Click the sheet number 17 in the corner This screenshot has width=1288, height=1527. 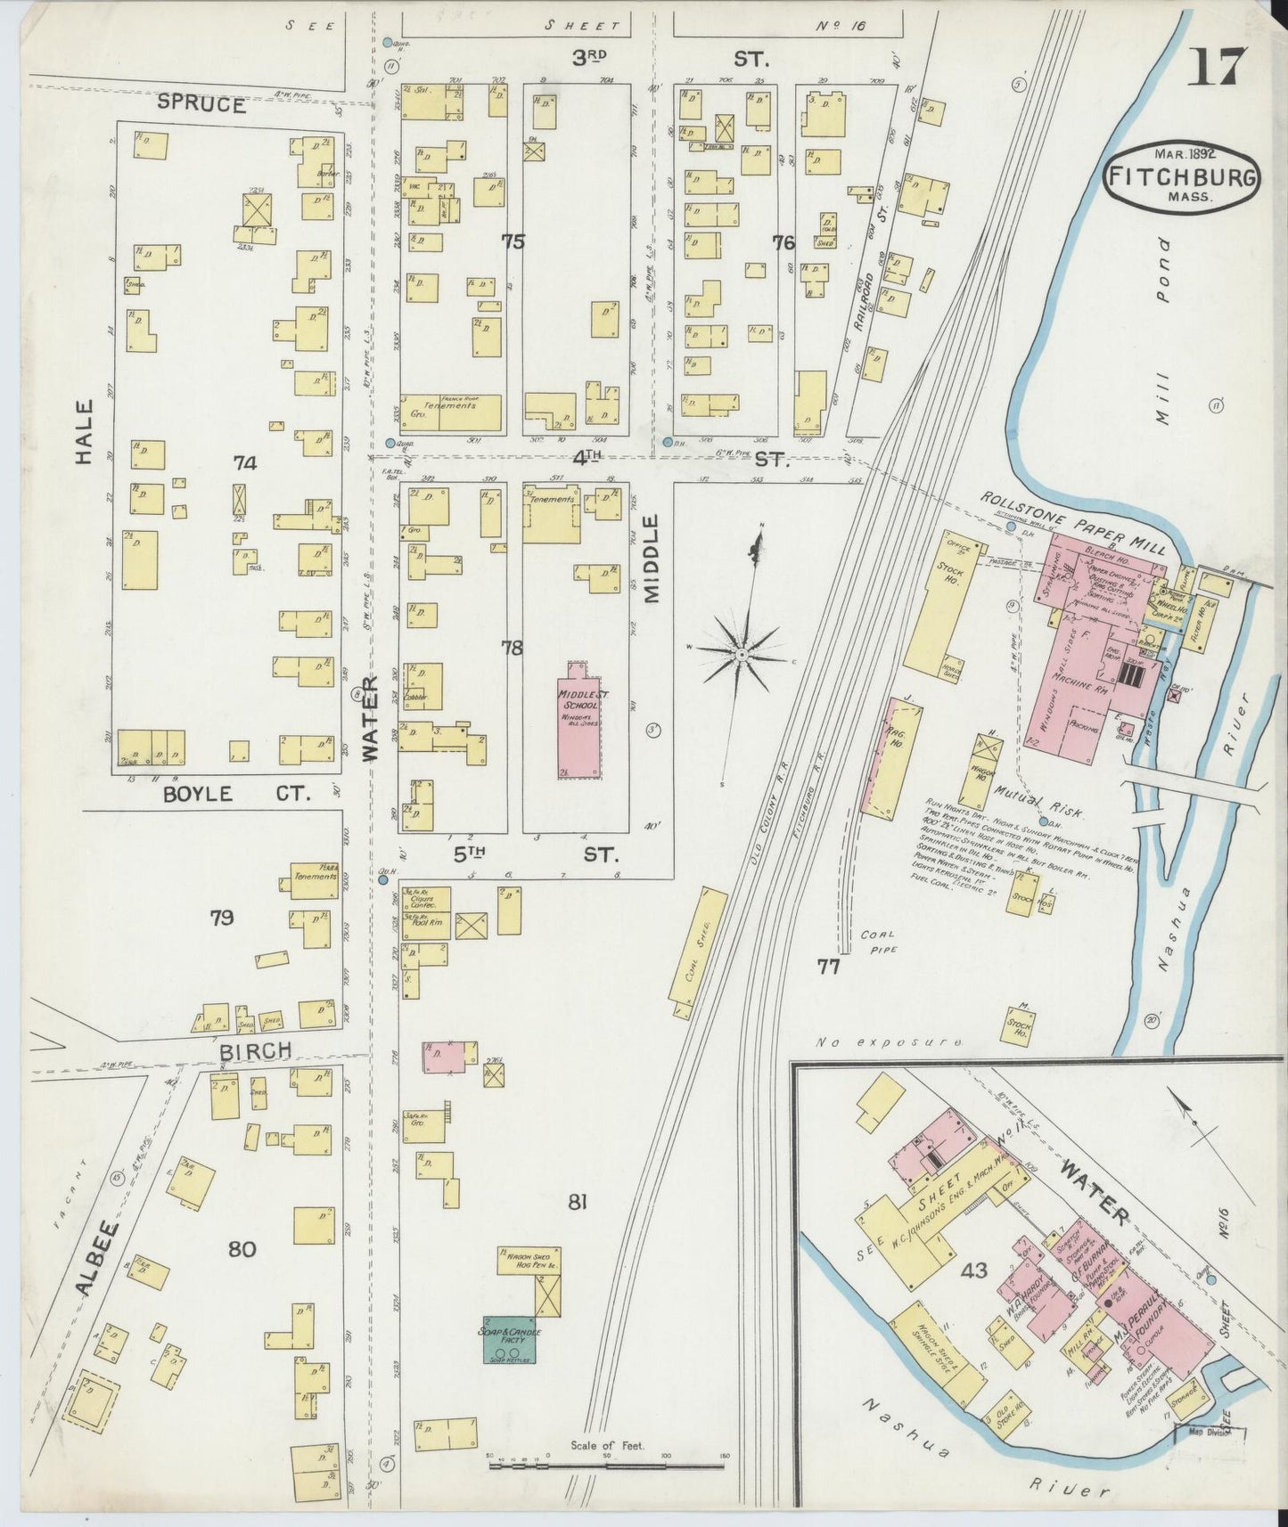pos(1217,67)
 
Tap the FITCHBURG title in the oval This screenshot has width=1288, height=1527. pos(1183,176)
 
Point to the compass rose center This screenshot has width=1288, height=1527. pos(741,655)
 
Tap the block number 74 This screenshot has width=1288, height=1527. pos(244,462)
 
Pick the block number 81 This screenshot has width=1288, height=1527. pos(578,1203)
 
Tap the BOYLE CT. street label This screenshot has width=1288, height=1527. pos(234,793)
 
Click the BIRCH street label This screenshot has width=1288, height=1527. pos(255,1051)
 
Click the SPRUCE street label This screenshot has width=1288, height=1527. pos(201,103)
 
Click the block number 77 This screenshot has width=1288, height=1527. pos(828,966)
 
